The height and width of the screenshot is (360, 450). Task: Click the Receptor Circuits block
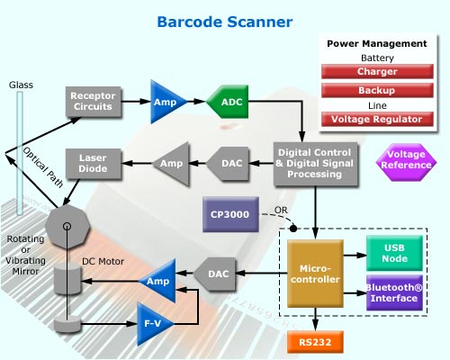pos(94,102)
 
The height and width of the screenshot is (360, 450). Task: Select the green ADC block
pos(228,102)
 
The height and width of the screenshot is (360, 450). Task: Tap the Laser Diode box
pos(94,164)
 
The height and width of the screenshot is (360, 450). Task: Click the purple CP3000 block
pos(230,214)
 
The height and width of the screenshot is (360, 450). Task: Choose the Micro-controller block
pos(315,274)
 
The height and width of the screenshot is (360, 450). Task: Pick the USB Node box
pos(394,253)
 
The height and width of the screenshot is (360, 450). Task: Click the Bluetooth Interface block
pos(394,292)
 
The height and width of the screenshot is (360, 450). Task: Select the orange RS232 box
pos(315,342)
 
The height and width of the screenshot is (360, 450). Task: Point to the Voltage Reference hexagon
pos(406,162)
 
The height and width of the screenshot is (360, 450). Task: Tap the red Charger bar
pos(377,71)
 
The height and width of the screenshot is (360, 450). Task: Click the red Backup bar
pos(377,90)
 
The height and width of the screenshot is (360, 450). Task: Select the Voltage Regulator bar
pos(377,119)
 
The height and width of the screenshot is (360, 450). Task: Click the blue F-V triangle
pos(154,324)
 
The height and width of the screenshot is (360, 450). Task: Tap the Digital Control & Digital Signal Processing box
pos(316,164)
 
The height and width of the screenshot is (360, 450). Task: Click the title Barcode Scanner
pos(225,22)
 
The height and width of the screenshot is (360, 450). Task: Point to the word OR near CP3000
pos(281,210)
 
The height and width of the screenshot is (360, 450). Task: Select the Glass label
pos(21,85)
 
